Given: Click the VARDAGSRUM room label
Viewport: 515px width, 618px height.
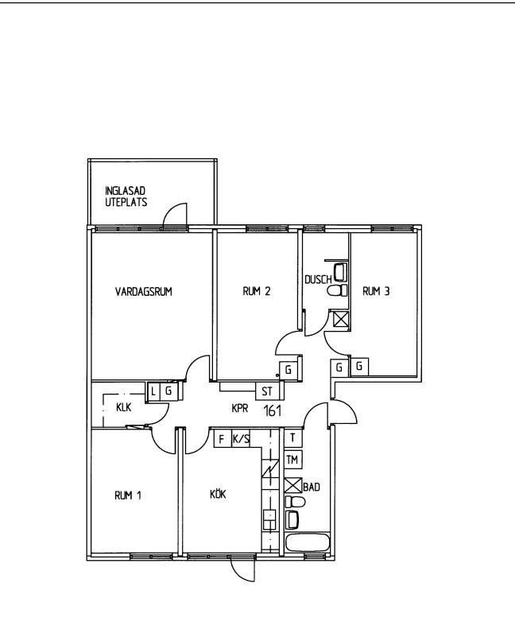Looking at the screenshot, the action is tap(144, 292).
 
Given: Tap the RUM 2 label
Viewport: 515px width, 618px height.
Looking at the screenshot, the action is tap(257, 291).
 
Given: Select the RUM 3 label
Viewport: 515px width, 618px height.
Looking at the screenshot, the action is tap(376, 291).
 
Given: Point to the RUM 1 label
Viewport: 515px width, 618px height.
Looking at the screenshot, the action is tap(128, 496).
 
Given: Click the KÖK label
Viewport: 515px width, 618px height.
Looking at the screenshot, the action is tap(218, 493).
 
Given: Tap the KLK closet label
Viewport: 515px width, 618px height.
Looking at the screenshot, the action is tap(124, 407).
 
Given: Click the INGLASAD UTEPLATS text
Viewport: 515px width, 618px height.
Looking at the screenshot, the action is tap(126, 196).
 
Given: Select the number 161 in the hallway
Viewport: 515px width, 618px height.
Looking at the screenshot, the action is tap(272, 410).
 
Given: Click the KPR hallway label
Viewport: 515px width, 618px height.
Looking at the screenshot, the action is tap(240, 408).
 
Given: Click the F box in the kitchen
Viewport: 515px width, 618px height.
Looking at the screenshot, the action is tap(222, 439).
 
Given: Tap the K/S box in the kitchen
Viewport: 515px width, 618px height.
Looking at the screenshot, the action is tap(241, 439).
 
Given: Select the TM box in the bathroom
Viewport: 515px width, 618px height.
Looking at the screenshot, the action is tap(293, 460).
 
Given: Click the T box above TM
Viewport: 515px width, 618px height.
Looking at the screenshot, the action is tap(293, 437).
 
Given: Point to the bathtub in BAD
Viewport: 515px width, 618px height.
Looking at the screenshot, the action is tap(308, 543).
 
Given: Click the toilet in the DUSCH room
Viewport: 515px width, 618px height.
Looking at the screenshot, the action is tap(337, 290).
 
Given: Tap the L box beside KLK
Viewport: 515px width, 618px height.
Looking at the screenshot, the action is tap(153, 392).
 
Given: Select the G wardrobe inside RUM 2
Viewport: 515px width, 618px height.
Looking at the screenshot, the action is tap(288, 370).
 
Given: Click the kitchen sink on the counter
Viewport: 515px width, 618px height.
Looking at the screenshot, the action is tap(269, 520).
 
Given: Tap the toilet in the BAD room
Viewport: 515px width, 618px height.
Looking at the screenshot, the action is tap(296, 502).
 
